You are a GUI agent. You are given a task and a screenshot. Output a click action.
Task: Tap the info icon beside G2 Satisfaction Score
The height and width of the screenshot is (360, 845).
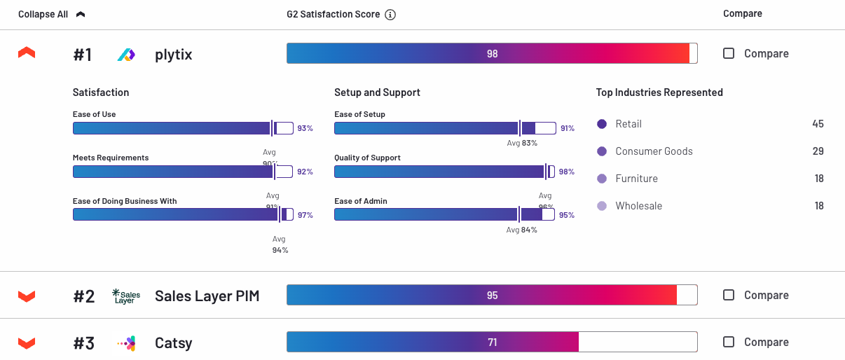pos(390,15)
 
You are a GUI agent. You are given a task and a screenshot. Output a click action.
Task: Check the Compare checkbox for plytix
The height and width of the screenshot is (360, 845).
pos(729,53)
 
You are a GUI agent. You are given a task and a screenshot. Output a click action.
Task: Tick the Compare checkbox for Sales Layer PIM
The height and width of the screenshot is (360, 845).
pos(729,295)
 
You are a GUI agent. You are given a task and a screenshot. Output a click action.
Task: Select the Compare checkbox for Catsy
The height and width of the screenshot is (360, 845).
pos(729,342)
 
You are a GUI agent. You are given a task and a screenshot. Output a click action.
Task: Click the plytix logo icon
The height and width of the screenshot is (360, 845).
pos(126,54)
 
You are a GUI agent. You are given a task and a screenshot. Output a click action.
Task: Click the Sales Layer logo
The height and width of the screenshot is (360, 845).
pos(126,296)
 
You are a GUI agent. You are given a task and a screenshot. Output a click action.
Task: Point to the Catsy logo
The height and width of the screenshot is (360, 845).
pos(126,342)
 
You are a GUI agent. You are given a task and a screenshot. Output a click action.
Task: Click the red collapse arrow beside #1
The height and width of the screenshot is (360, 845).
pos(27,53)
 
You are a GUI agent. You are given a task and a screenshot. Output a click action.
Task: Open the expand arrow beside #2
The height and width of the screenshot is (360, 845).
pos(27,296)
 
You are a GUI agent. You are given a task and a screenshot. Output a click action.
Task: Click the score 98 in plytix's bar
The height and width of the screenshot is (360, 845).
pos(492,54)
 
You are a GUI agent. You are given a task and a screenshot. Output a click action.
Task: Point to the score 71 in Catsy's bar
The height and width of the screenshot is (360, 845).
pos(492,342)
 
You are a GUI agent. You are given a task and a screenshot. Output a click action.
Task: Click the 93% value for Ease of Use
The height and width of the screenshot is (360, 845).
pos(305,128)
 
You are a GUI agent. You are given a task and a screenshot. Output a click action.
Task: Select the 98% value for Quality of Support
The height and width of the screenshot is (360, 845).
pos(566,172)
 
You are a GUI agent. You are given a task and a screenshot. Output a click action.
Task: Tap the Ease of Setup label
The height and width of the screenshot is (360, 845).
pos(359,114)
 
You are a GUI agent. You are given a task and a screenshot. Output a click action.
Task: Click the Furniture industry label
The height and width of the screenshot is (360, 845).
pos(636,179)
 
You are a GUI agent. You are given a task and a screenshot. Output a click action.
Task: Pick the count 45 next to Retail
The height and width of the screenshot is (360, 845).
pos(818,124)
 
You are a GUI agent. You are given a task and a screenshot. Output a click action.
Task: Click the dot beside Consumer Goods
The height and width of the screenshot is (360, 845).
pos(602,151)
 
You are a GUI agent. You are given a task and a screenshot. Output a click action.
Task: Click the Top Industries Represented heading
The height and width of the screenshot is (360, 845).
pos(659,92)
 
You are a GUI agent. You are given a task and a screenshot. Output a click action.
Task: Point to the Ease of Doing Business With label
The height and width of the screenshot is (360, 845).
pos(125,201)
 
